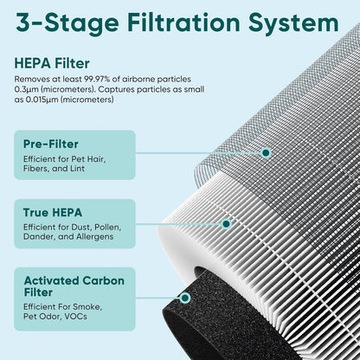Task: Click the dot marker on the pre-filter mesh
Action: pos(266,152)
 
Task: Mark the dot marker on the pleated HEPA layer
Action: pos(226,223)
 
